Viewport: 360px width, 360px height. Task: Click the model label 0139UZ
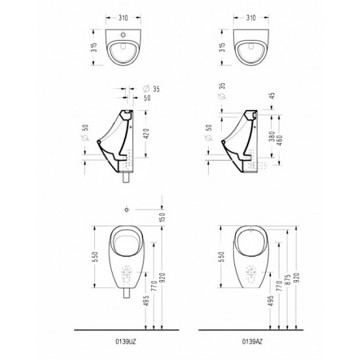(x=126, y=342)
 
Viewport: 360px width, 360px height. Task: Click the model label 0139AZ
(x=252, y=342)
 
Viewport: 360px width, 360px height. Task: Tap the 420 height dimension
(x=147, y=134)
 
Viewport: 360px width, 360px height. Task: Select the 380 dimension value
(x=272, y=136)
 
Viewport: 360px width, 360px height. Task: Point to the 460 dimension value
(x=280, y=140)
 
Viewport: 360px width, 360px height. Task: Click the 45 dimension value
(x=272, y=96)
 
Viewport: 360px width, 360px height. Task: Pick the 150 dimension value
(x=162, y=217)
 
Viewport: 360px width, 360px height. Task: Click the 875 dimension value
(x=289, y=279)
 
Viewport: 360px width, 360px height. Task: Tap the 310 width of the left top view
(x=123, y=18)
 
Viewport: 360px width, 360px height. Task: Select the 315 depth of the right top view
(x=223, y=47)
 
